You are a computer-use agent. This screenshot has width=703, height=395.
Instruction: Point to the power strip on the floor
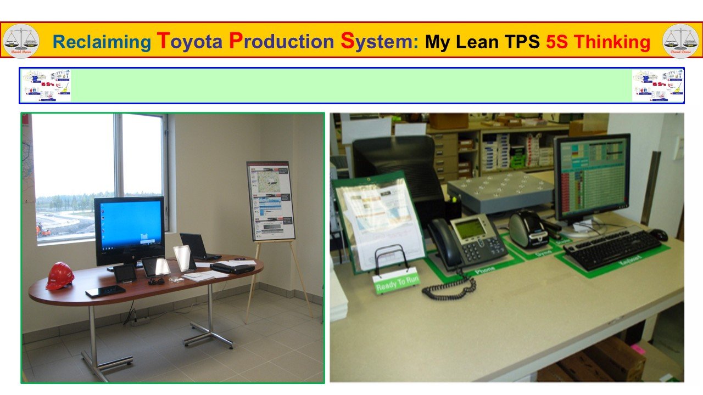coord(141,320)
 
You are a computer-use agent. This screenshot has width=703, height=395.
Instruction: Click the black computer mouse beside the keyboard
coord(659,234)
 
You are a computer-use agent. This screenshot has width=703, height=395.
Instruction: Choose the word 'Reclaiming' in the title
coord(102,42)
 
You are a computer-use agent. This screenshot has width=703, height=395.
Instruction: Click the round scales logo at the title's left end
coord(21,41)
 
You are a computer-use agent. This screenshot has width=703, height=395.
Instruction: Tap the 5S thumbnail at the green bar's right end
coord(657,85)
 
